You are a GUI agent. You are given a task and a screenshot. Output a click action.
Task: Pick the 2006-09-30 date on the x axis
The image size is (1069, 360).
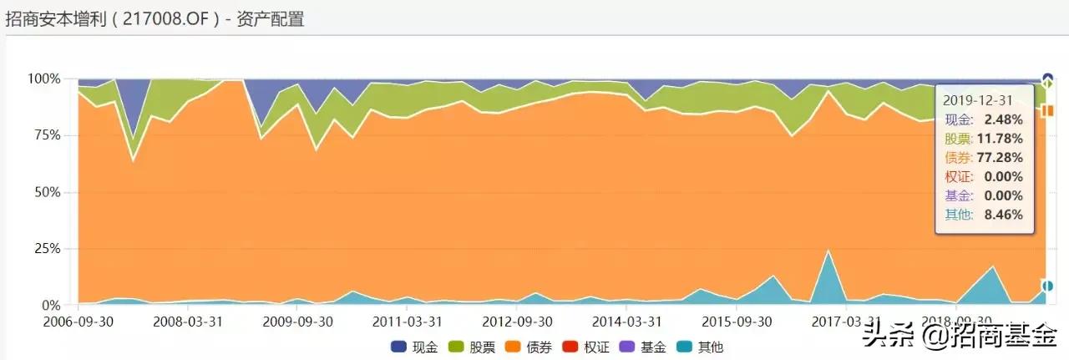tap(79, 322)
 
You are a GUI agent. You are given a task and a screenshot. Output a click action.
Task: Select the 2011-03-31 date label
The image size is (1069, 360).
tap(407, 322)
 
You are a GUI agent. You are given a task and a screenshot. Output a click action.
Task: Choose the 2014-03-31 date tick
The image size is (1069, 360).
tap(626, 322)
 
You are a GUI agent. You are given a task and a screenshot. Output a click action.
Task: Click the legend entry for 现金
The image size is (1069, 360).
tap(415, 347)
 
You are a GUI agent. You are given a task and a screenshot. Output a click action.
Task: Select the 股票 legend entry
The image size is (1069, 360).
tap(474, 347)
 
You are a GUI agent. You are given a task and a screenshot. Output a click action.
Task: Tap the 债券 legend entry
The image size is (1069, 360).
tap(532, 347)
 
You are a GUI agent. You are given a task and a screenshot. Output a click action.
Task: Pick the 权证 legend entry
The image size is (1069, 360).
tap(590, 347)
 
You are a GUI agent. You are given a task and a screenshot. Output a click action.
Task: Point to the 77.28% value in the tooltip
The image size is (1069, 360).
tap(1001, 157)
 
